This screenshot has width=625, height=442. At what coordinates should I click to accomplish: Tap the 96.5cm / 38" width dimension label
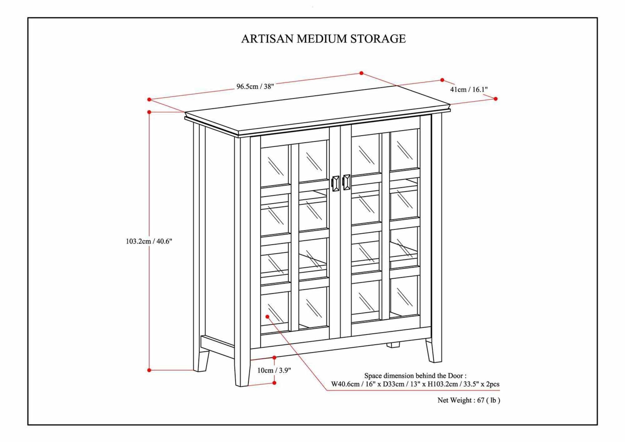pyautogui.click(x=255, y=86)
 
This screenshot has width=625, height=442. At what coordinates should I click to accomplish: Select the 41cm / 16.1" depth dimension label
pyautogui.click(x=469, y=89)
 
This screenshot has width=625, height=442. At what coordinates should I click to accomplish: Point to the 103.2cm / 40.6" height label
pyautogui.click(x=149, y=241)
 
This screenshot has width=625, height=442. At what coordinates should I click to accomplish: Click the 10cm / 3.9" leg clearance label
pyautogui.click(x=274, y=370)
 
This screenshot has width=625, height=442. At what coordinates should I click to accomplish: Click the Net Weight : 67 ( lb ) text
pyautogui.click(x=468, y=400)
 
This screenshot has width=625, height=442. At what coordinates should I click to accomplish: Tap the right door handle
pyautogui.click(x=347, y=182)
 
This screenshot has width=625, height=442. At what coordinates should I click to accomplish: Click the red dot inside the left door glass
pyautogui.click(x=267, y=317)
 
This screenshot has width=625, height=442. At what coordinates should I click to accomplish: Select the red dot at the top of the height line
pyautogui.click(x=149, y=112)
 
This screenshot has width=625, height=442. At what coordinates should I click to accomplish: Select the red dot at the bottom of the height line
pyautogui.click(x=149, y=370)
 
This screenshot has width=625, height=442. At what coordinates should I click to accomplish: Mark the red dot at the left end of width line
pyautogui.click(x=149, y=99)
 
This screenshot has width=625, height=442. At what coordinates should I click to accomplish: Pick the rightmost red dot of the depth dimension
pyautogui.click(x=496, y=99)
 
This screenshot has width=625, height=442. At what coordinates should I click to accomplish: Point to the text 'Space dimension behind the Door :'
pyautogui.click(x=415, y=376)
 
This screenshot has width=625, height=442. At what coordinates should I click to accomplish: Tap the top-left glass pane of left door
pyautogui.click(x=275, y=166)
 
